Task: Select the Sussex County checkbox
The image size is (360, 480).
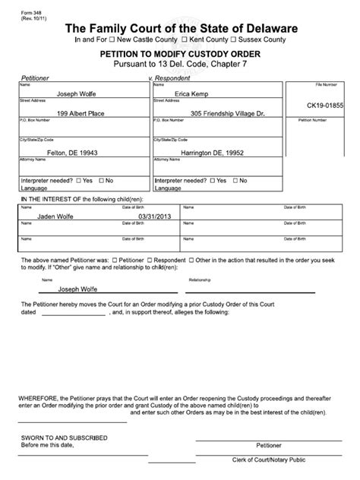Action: click(x=235, y=39)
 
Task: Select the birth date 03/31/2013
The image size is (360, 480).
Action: click(x=134, y=215)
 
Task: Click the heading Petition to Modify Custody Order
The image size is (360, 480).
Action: click(x=180, y=55)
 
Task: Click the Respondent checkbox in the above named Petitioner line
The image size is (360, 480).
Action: click(x=150, y=259)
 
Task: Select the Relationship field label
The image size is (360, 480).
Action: click(x=199, y=279)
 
